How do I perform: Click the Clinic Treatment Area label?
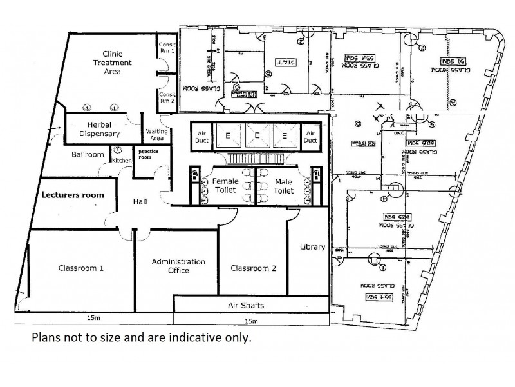pos(112,63)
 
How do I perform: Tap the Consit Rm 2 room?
pos(166,96)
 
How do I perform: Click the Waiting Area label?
pos(157,134)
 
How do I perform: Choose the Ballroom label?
pos(88,155)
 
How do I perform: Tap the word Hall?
pos(140,202)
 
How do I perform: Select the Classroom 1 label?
pos(81,268)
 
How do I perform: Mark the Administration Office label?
pos(178,266)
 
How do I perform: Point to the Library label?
pos(312,247)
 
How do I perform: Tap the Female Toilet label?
pos(226,186)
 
